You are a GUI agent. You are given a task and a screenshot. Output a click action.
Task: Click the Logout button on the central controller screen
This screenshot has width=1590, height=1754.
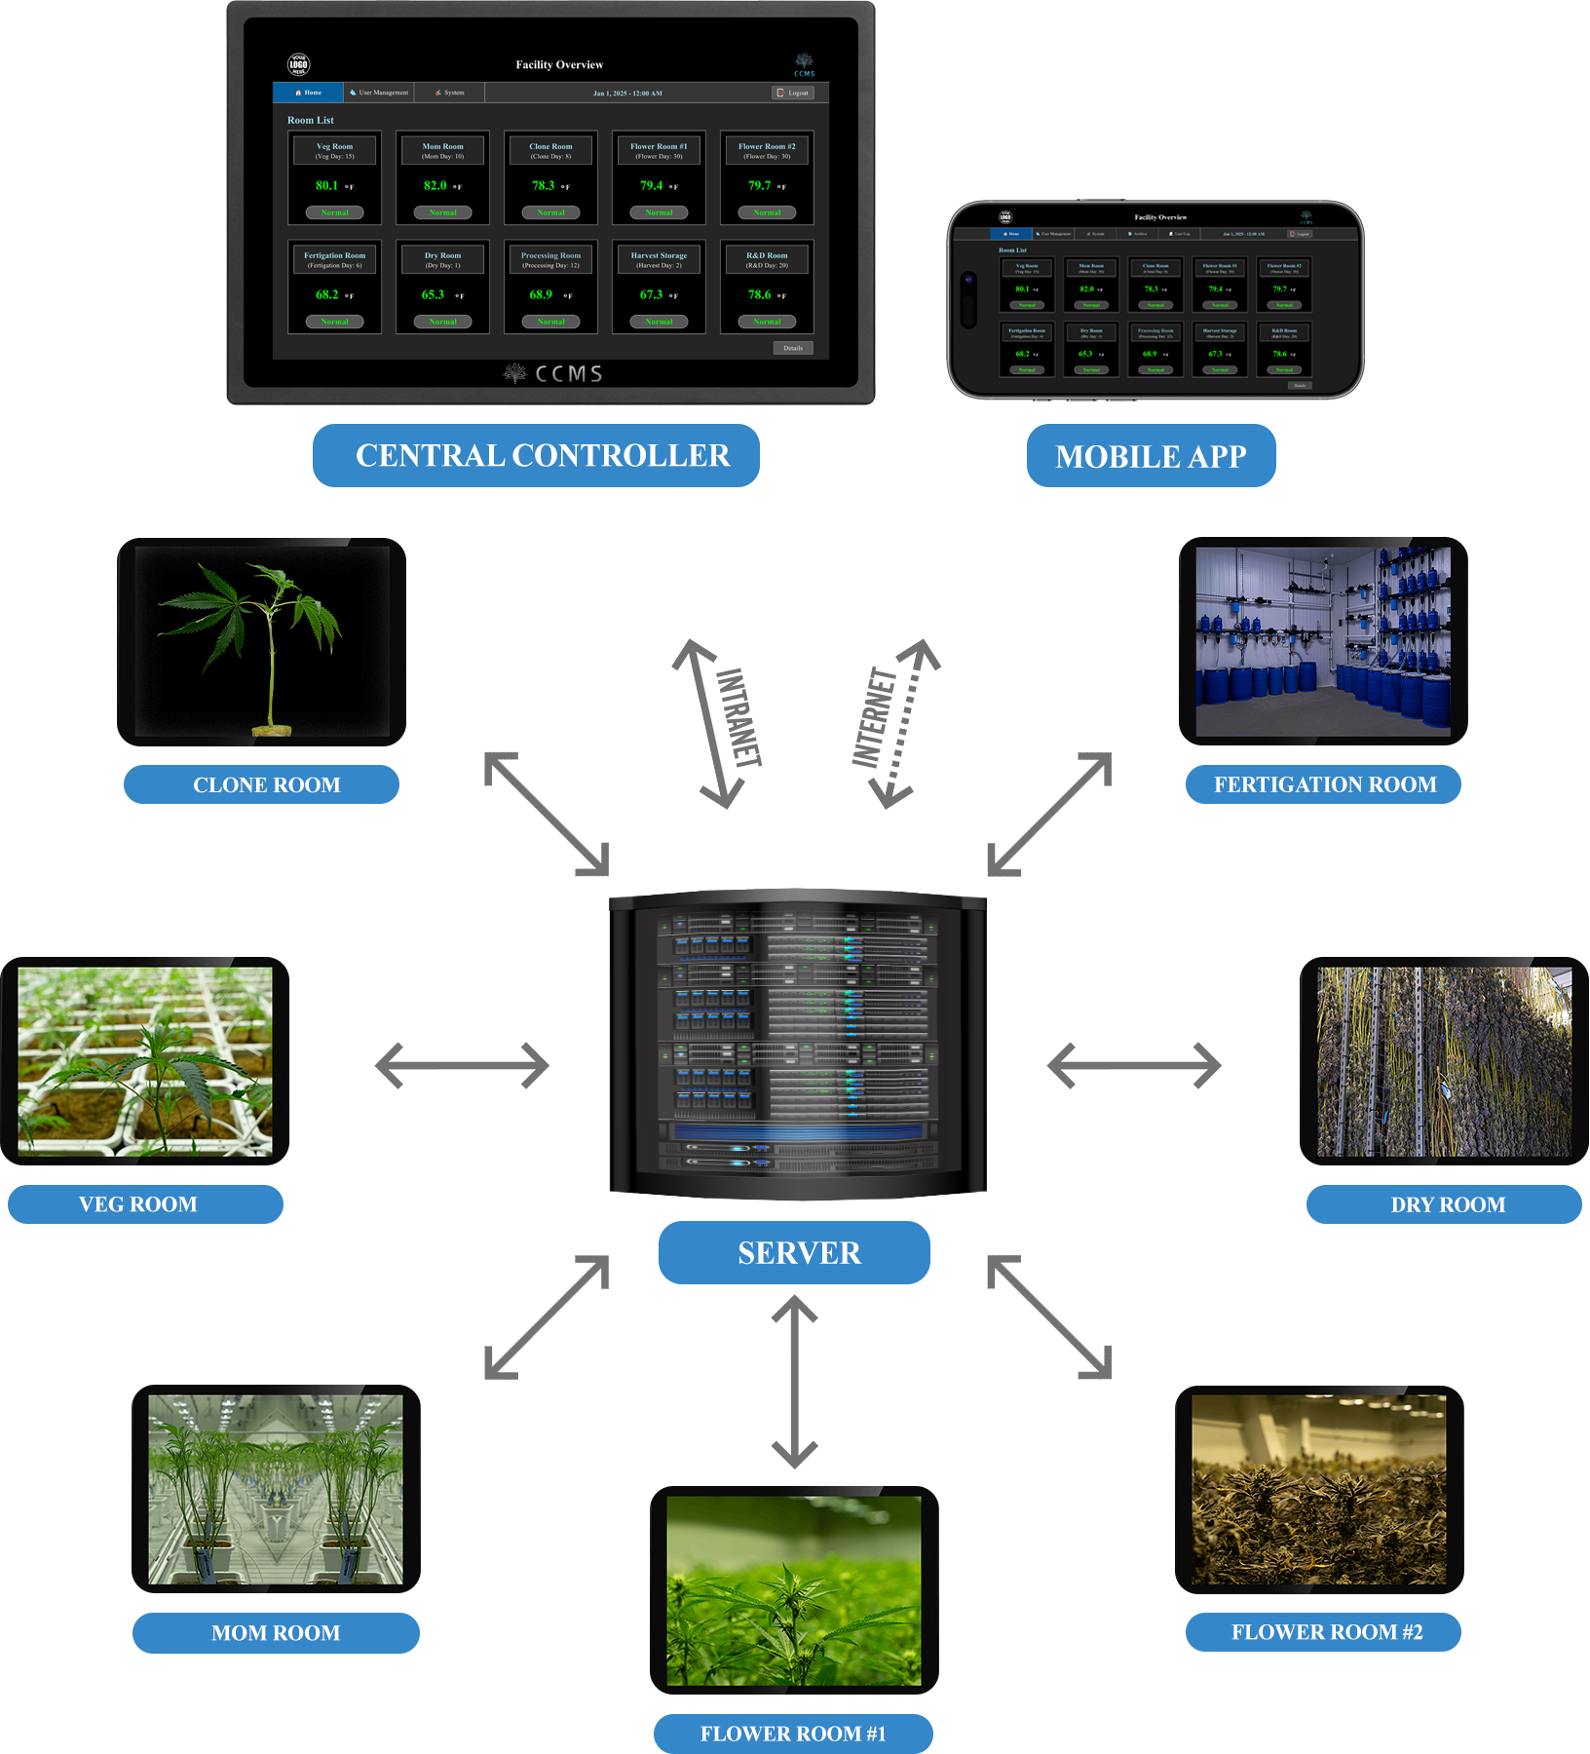(793, 93)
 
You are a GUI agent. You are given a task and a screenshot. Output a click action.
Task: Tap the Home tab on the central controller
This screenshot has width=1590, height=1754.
(308, 93)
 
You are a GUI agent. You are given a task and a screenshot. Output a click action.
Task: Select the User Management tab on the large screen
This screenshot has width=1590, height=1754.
(379, 93)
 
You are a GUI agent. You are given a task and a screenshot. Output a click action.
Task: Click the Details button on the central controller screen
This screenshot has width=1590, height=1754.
(793, 348)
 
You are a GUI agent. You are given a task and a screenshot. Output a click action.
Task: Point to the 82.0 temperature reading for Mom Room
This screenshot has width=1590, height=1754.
(435, 185)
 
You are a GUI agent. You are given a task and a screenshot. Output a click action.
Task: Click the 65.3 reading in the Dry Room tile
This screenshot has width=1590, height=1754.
(434, 294)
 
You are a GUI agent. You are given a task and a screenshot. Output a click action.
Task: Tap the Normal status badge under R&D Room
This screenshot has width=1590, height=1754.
(767, 322)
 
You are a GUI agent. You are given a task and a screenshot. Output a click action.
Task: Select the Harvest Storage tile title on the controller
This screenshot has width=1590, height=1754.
(659, 255)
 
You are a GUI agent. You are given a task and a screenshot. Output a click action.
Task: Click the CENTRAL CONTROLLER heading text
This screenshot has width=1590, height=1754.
(543, 456)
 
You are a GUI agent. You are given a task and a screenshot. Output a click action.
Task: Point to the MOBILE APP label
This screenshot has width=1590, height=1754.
(1151, 457)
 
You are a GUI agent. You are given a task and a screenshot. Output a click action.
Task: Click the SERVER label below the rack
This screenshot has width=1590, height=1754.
(799, 1253)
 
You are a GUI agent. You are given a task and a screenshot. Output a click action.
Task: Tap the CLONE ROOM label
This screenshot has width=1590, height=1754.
(267, 785)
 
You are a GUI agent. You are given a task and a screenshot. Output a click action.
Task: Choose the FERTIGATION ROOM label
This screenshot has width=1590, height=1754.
(1325, 785)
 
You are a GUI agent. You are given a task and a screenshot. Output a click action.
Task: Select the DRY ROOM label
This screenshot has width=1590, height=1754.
(1448, 1205)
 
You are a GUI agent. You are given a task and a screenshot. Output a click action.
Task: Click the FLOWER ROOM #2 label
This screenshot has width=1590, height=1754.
(1327, 1632)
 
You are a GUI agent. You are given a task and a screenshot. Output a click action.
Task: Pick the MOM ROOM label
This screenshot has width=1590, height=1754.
(276, 1633)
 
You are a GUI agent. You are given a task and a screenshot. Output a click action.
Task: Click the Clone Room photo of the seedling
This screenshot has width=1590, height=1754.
(262, 641)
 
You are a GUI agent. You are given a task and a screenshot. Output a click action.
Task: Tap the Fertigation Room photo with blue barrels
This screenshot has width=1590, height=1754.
(1323, 641)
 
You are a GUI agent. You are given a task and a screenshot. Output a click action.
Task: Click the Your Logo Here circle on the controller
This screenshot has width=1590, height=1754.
(298, 65)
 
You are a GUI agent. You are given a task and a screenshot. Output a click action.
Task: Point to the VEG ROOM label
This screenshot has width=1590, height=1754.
(138, 1205)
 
